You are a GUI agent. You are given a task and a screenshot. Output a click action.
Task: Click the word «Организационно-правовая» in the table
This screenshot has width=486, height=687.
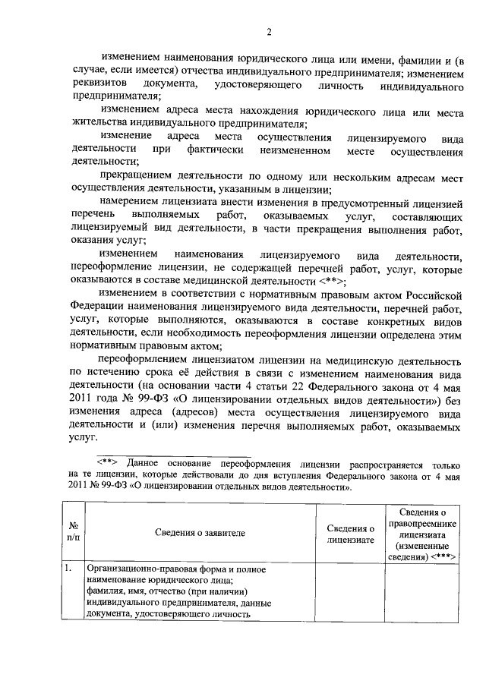click(142, 568)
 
